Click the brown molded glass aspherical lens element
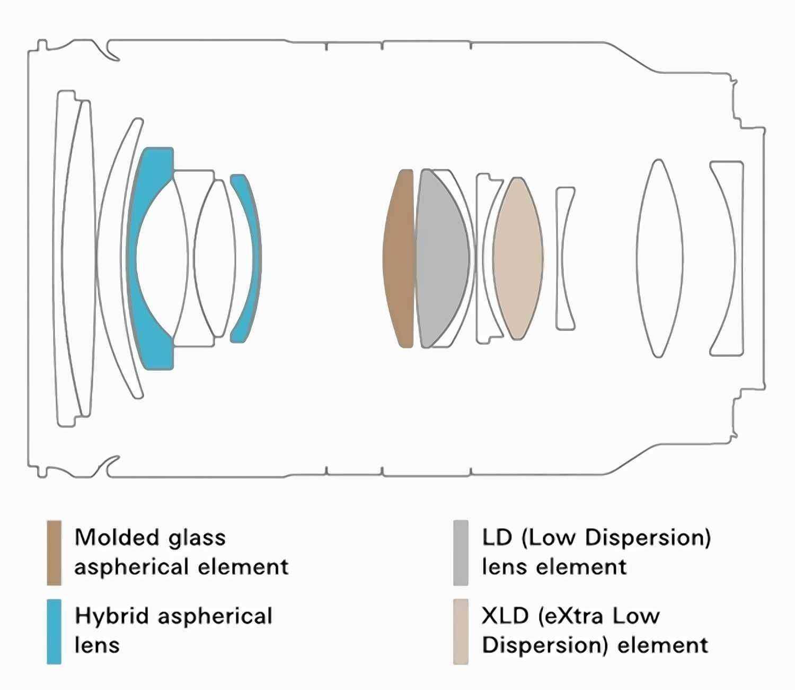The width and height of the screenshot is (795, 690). coord(399,258)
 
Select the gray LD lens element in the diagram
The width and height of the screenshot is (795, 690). coord(441,258)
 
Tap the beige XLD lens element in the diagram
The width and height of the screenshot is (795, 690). coord(518,258)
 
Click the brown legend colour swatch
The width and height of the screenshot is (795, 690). coord(54,553)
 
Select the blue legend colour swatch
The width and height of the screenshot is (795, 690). coord(54,632)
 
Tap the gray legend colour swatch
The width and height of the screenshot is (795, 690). coord(461,553)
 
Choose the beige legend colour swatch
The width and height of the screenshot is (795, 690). coord(461,632)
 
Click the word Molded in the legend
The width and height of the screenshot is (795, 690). coord(117,537)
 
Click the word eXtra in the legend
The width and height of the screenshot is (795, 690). coord(570,617)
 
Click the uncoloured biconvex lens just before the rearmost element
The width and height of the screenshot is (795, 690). coord(659,258)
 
